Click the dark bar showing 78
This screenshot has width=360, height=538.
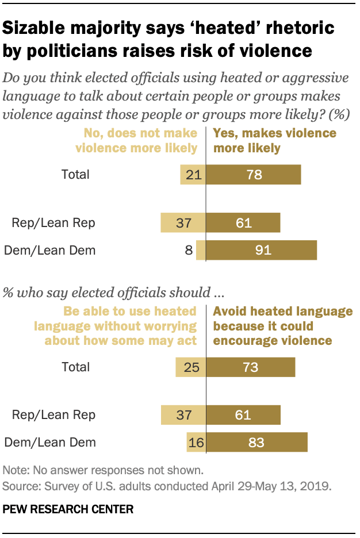click(254, 174)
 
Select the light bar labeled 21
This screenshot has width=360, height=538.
click(193, 174)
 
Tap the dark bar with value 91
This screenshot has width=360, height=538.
click(262, 250)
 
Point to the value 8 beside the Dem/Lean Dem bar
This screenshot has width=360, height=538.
click(187, 250)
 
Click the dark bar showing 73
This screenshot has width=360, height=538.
click(251, 367)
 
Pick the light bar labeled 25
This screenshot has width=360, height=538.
click(190, 367)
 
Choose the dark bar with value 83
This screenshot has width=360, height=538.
click(257, 443)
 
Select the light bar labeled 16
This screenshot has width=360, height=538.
click(196, 443)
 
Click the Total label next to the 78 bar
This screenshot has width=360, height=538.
click(75, 174)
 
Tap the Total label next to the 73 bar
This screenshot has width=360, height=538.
click(75, 367)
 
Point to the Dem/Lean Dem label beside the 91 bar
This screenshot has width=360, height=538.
click(50, 250)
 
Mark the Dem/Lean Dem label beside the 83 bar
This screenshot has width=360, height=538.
click(50, 443)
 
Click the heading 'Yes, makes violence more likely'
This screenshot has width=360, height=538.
click(274, 140)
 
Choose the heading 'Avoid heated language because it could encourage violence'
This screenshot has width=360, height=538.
click(283, 326)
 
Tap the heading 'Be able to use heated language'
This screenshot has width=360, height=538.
click(116, 326)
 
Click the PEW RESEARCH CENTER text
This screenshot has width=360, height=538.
click(68, 509)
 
